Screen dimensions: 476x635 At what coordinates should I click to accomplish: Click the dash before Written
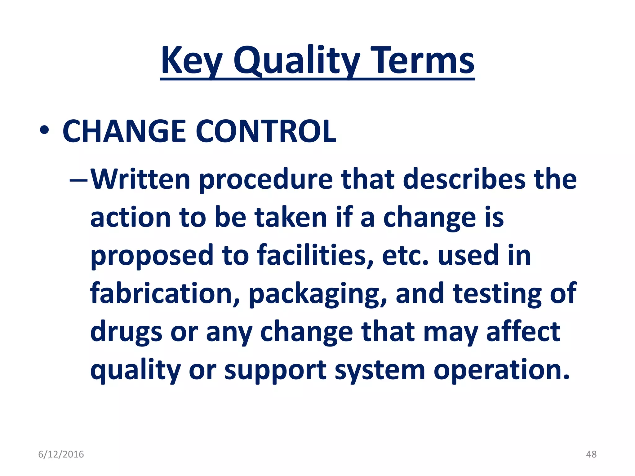79,179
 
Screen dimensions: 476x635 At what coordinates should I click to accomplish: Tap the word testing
497,293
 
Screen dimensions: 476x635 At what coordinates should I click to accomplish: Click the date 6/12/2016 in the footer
61,454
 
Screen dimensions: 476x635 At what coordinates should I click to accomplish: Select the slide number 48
591,454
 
